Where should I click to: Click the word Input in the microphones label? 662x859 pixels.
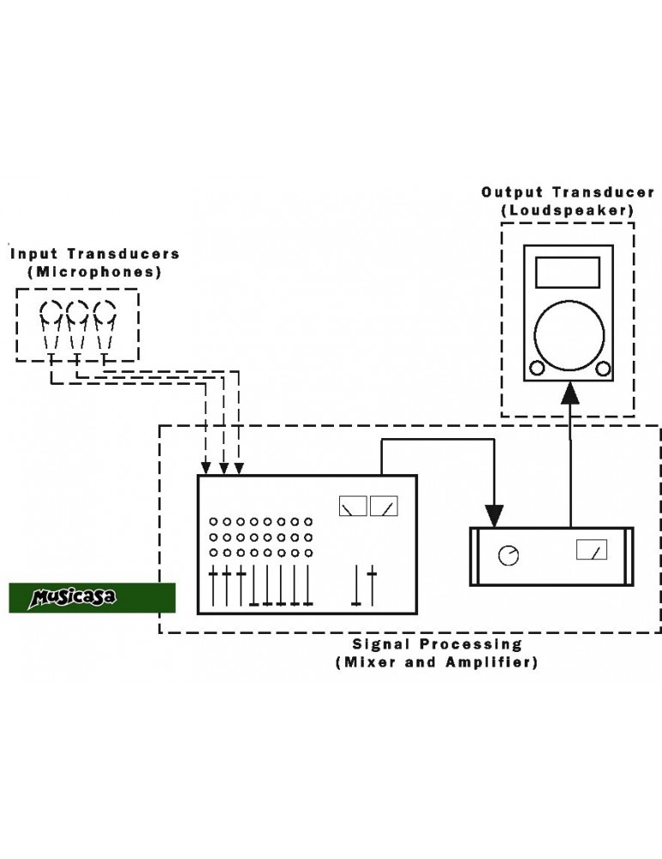[x=35, y=253]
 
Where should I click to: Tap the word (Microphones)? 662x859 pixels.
[x=94, y=271]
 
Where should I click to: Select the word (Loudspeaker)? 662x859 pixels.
[x=568, y=210]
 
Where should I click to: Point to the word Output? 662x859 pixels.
[x=513, y=192]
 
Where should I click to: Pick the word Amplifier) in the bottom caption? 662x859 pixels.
[x=492, y=662]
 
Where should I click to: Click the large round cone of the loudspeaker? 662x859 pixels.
[x=569, y=335]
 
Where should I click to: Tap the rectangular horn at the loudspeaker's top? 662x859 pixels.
[x=568, y=272]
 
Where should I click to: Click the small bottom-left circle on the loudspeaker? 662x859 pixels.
[x=537, y=369]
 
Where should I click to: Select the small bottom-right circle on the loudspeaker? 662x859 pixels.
[x=603, y=369]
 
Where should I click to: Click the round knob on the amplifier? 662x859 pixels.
[x=508, y=556]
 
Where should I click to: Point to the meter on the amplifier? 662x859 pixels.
[x=592, y=550]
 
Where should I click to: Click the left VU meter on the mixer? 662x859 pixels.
[x=353, y=506]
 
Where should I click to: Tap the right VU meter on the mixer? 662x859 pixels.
[x=384, y=506]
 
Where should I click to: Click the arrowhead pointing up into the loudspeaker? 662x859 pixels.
[x=570, y=394]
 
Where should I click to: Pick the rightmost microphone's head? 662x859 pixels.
[x=104, y=311]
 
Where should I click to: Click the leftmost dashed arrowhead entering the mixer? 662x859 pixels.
[x=206, y=468]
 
